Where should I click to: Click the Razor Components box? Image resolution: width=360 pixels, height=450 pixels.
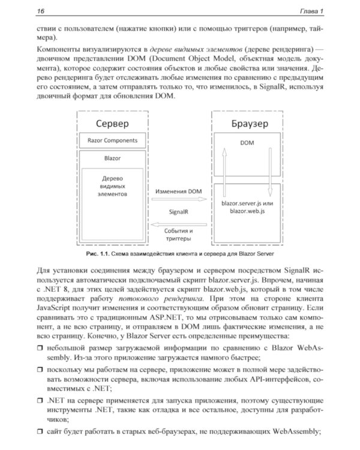113,141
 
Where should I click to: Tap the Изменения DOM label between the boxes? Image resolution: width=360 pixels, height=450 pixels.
179,192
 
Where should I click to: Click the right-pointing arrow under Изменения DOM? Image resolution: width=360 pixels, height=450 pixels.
179,202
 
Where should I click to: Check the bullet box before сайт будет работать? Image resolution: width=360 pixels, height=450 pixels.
40,430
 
